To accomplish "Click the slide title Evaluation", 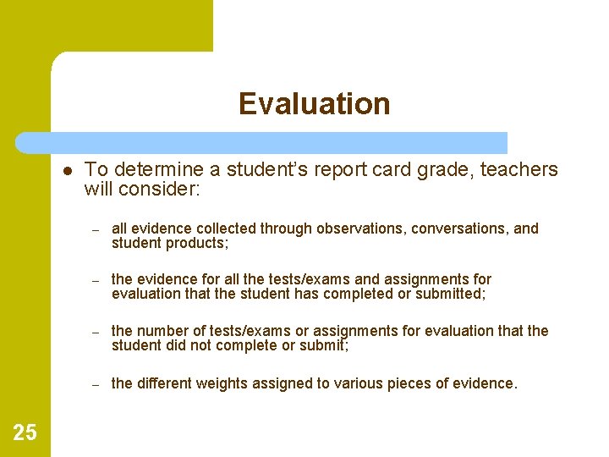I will pos(314,103).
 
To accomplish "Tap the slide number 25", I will pos(25,433).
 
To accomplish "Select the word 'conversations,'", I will pos(460,228).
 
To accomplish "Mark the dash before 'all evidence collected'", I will pos(96,229).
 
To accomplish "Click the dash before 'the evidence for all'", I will pos(96,280).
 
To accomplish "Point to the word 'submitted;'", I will pos(451,295).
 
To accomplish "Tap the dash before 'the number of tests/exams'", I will pos(96,332).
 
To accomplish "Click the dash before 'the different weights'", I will pos(96,384).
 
